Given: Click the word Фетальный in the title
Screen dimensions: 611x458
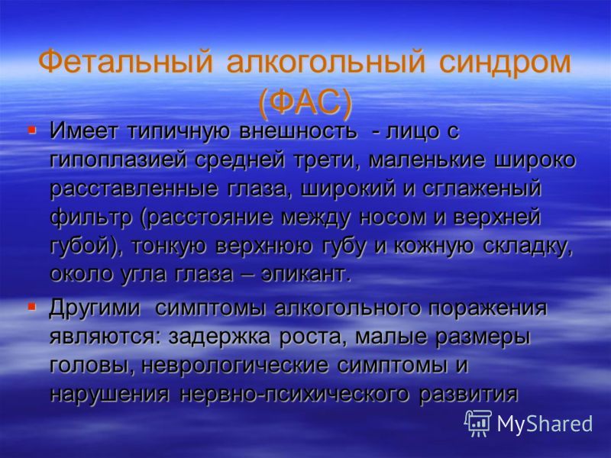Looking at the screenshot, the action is coord(126,63).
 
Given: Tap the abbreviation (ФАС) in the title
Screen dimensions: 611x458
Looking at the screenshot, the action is coord(305,103).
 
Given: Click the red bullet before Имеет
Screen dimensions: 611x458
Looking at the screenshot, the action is coord(31,128).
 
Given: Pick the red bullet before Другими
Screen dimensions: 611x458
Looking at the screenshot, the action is coord(31,306).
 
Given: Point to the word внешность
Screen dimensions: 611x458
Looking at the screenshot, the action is coord(298,131).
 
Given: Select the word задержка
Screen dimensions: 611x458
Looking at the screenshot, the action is coord(219,337).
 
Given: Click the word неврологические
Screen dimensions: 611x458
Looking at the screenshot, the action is coord(234,366).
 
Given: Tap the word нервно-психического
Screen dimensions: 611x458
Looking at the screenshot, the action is coord(295,395).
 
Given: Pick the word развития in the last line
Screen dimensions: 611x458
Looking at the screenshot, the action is coord(468,395).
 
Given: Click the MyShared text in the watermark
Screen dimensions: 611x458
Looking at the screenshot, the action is coord(545,424).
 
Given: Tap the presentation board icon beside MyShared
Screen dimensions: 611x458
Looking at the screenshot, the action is coord(478,424).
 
